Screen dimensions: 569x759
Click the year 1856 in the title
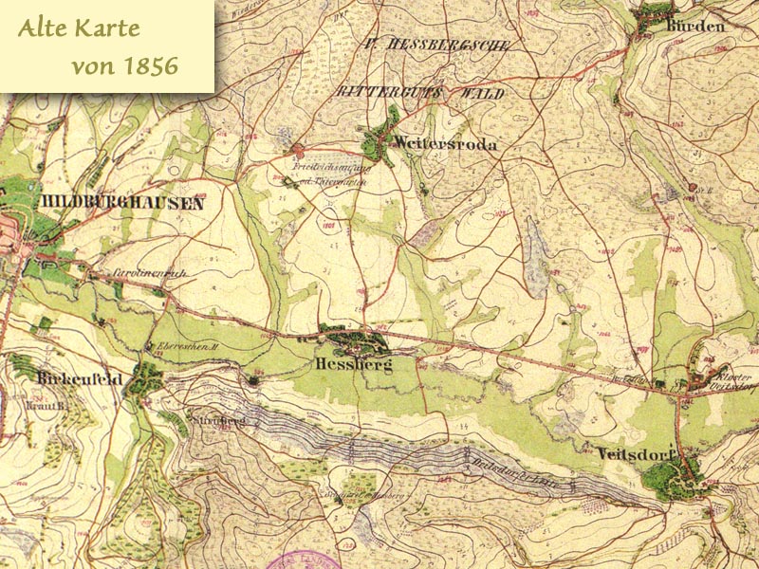(151, 66)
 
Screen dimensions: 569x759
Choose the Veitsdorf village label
(636, 452)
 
